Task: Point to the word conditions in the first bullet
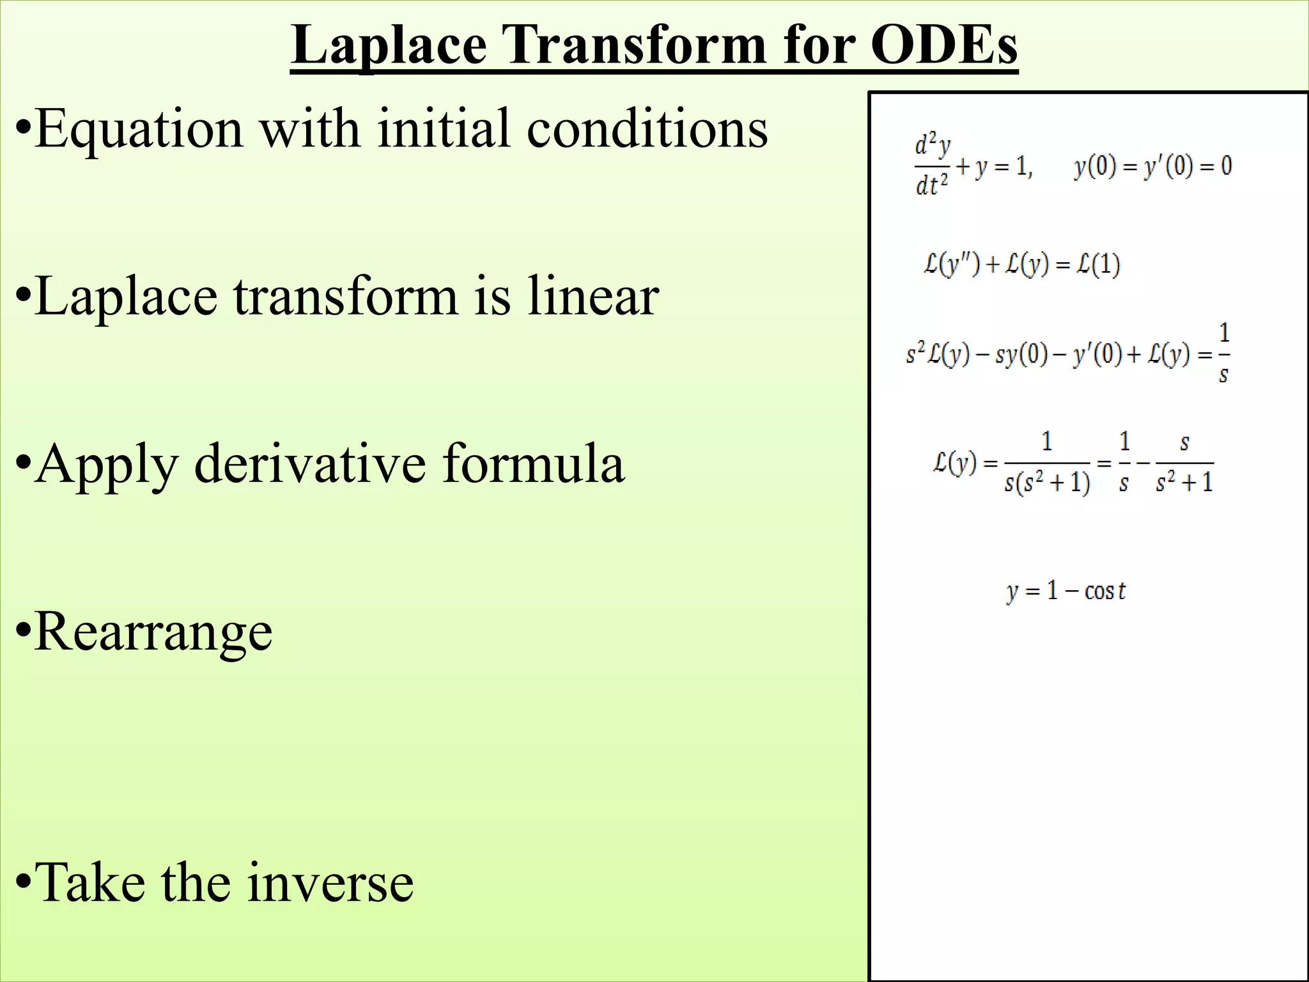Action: (647, 129)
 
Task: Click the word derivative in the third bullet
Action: (310, 463)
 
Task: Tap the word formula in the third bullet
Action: (534, 463)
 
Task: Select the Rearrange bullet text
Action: (153, 632)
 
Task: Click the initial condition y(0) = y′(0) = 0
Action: (1152, 166)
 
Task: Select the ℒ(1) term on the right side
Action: (1097, 264)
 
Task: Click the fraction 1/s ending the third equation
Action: (1223, 353)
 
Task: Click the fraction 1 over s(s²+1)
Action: (1047, 463)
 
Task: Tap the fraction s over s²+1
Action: (1184, 463)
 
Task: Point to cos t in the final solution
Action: (1104, 591)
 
